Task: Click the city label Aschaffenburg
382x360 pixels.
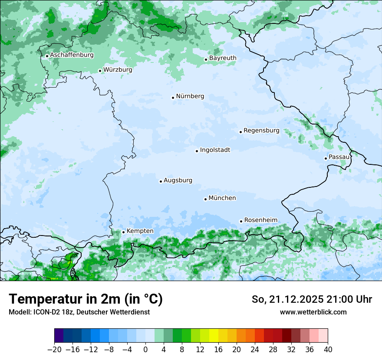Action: (72, 55)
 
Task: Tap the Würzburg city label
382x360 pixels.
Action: (118, 70)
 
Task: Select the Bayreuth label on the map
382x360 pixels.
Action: (223, 58)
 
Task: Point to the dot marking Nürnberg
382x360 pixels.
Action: (173, 98)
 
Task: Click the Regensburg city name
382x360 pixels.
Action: (261, 131)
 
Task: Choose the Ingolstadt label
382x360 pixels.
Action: (215, 150)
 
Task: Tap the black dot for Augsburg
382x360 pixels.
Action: (161, 181)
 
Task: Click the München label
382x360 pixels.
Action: (222, 198)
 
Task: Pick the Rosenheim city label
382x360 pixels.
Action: (260, 220)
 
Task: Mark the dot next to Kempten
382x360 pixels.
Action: (123, 232)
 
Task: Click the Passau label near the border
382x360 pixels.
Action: (339, 157)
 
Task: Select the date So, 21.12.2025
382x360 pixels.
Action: (286, 299)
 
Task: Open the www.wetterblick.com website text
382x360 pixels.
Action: (313, 312)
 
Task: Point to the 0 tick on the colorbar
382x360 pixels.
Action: (145, 350)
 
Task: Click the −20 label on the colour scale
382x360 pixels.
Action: (54, 350)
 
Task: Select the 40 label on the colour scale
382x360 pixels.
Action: (328, 350)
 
